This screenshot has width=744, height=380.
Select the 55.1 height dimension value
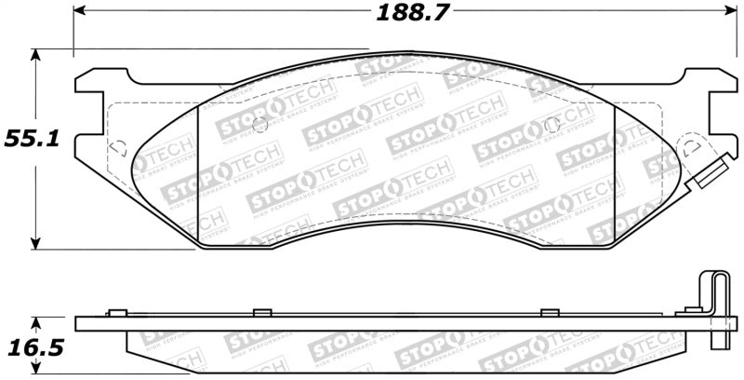34,140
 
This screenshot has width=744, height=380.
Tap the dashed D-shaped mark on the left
119,147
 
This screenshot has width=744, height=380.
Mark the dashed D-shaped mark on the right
691,147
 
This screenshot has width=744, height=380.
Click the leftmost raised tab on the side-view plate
116,312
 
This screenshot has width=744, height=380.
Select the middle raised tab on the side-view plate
261,312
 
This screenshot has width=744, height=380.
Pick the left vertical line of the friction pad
199,177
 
